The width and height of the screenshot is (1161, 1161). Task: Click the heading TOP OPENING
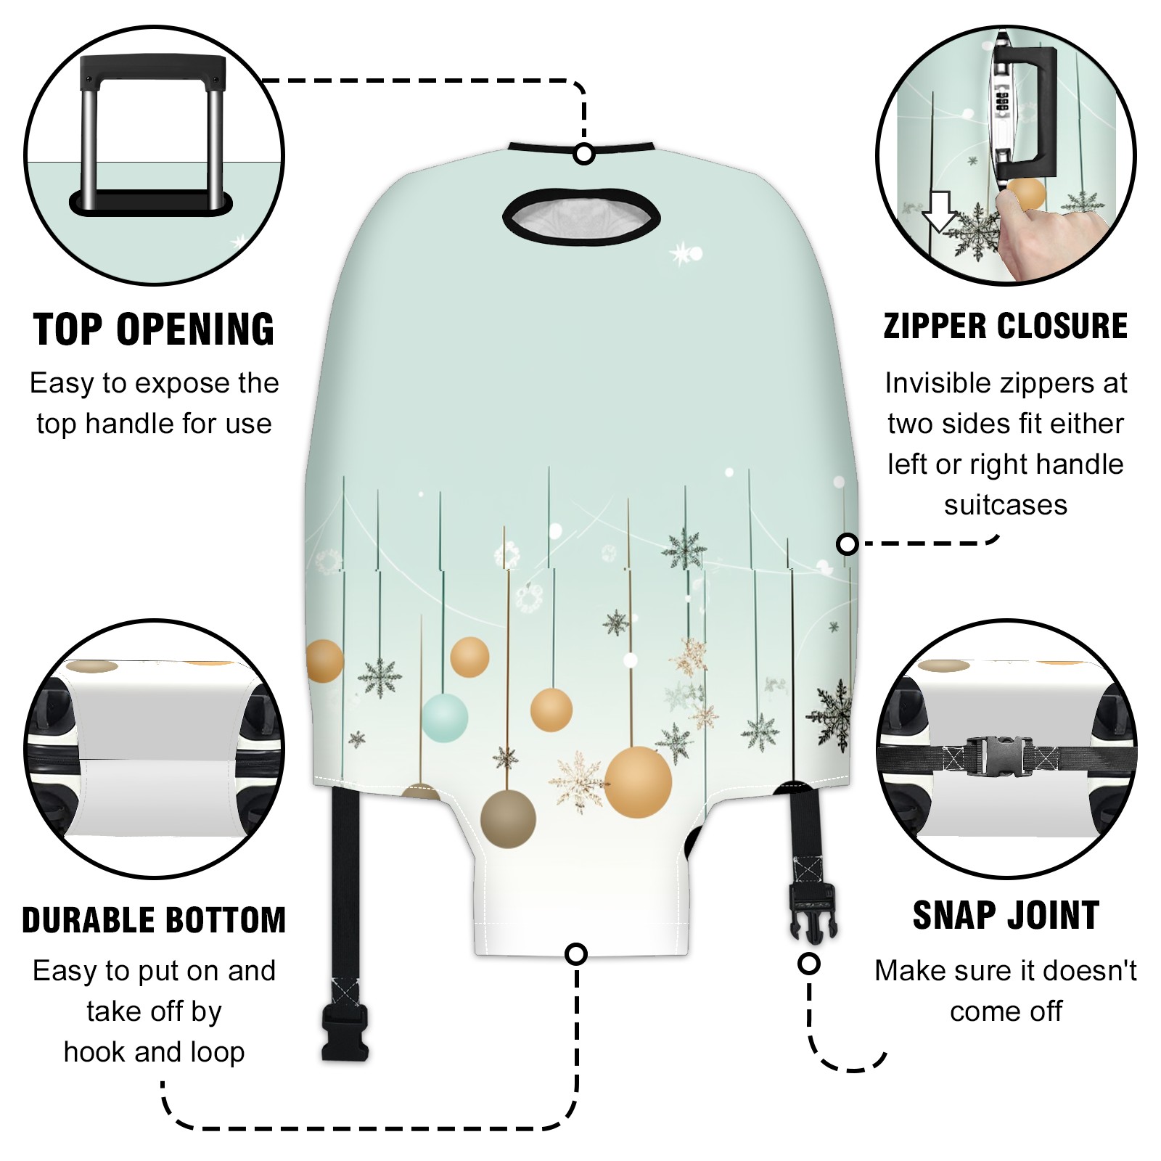[154, 329]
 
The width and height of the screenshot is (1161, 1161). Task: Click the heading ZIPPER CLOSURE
[1006, 326]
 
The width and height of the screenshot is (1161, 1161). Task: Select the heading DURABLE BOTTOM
[154, 920]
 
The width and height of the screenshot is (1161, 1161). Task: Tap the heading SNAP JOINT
[1006, 915]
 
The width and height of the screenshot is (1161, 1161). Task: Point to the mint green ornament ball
[445, 718]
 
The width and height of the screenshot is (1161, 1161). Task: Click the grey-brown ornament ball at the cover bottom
[508, 819]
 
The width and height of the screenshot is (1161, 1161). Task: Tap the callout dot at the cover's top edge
[584, 154]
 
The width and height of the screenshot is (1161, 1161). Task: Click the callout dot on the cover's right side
[847, 543]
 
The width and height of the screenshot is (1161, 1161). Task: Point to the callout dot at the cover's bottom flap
[576, 953]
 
